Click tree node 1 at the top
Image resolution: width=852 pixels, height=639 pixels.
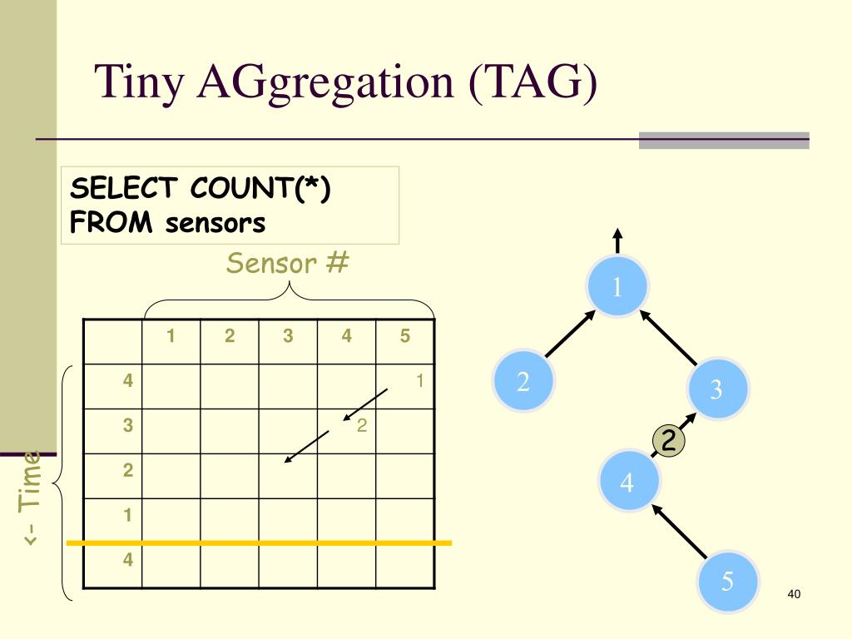tap(617, 287)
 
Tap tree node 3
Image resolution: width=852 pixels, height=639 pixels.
tap(717, 389)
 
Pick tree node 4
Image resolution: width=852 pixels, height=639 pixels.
tap(627, 482)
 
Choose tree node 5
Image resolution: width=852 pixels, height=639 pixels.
tap(727, 581)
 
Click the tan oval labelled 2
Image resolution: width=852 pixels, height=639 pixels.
tap(667, 441)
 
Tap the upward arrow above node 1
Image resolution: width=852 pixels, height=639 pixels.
tap(618, 240)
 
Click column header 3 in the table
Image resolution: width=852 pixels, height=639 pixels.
tap(288, 337)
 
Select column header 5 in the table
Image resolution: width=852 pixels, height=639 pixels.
tap(405, 337)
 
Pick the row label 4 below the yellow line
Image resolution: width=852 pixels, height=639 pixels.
tap(127, 559)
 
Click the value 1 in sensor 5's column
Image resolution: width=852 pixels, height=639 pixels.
tap(420, 381)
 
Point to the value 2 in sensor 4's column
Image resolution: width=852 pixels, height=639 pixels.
tap(362, 426)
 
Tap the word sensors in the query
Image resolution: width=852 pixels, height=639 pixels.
tap(215, 223)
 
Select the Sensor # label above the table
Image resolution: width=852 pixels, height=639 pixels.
tap(288, 264)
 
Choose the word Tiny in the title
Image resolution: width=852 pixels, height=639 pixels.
tap(141, 84)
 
